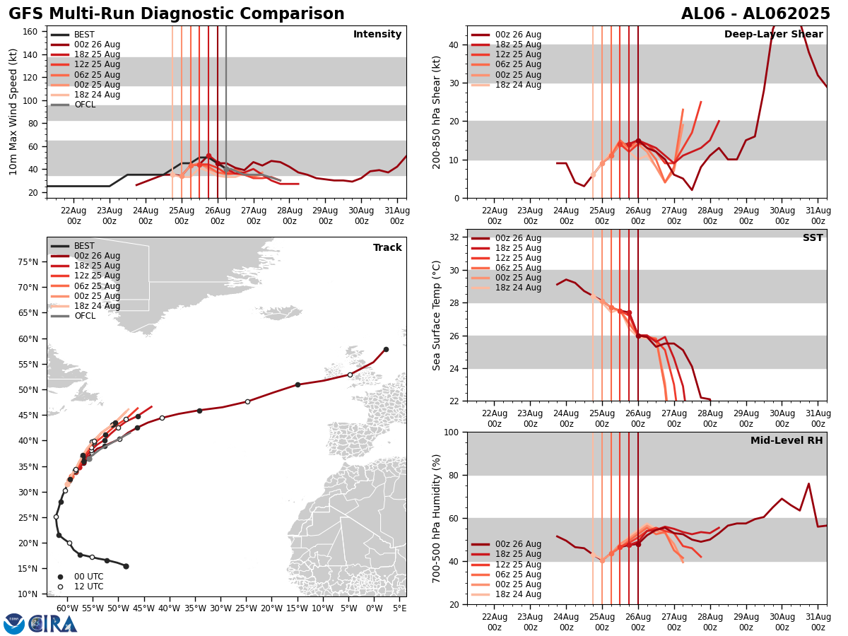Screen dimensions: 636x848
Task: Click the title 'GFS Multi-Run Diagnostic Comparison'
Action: pos(177,14)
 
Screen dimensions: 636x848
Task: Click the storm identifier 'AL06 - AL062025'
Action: pos(755,14)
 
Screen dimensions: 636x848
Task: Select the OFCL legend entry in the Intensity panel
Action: pos(85,105)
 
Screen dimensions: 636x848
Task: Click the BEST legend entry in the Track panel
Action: pos(84,246)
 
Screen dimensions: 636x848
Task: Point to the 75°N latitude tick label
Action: pos(29,261)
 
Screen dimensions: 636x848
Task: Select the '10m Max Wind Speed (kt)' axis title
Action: pos(13,112)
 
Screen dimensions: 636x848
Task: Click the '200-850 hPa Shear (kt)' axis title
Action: pos(437,112)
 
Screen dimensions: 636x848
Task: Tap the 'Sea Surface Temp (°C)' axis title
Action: pos(437,315)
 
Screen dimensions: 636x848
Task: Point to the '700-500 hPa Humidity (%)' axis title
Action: pos(437,518)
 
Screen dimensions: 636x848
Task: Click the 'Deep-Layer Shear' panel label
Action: pos(773,35)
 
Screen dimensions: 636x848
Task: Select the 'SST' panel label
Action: pos(813,238)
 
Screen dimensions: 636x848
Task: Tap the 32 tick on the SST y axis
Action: pos(455,237)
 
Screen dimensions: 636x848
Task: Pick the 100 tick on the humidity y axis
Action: pos(452,432)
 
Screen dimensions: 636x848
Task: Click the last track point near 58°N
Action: pos(386,349)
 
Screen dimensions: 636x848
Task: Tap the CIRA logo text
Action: pos(53,624)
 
